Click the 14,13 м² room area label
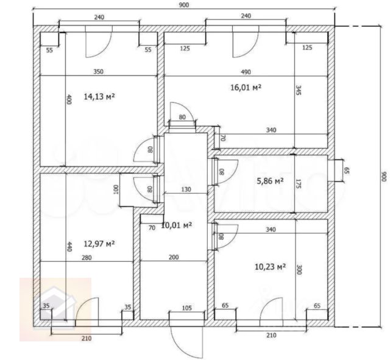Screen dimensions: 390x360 tap(99, 96)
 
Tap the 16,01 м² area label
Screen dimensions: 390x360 tap(246, 87)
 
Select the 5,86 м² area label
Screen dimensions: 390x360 tap(270, 181)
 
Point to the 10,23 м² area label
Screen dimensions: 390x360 tap(270, 267)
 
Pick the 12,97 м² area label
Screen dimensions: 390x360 tap(99, 244)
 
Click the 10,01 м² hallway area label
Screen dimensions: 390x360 tap(177, 225)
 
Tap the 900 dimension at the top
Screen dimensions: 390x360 tap(184, 5)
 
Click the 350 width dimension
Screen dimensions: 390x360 tap(98, 72)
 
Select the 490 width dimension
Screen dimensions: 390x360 tap(246, 72)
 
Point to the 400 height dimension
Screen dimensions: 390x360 tap(69, 99)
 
